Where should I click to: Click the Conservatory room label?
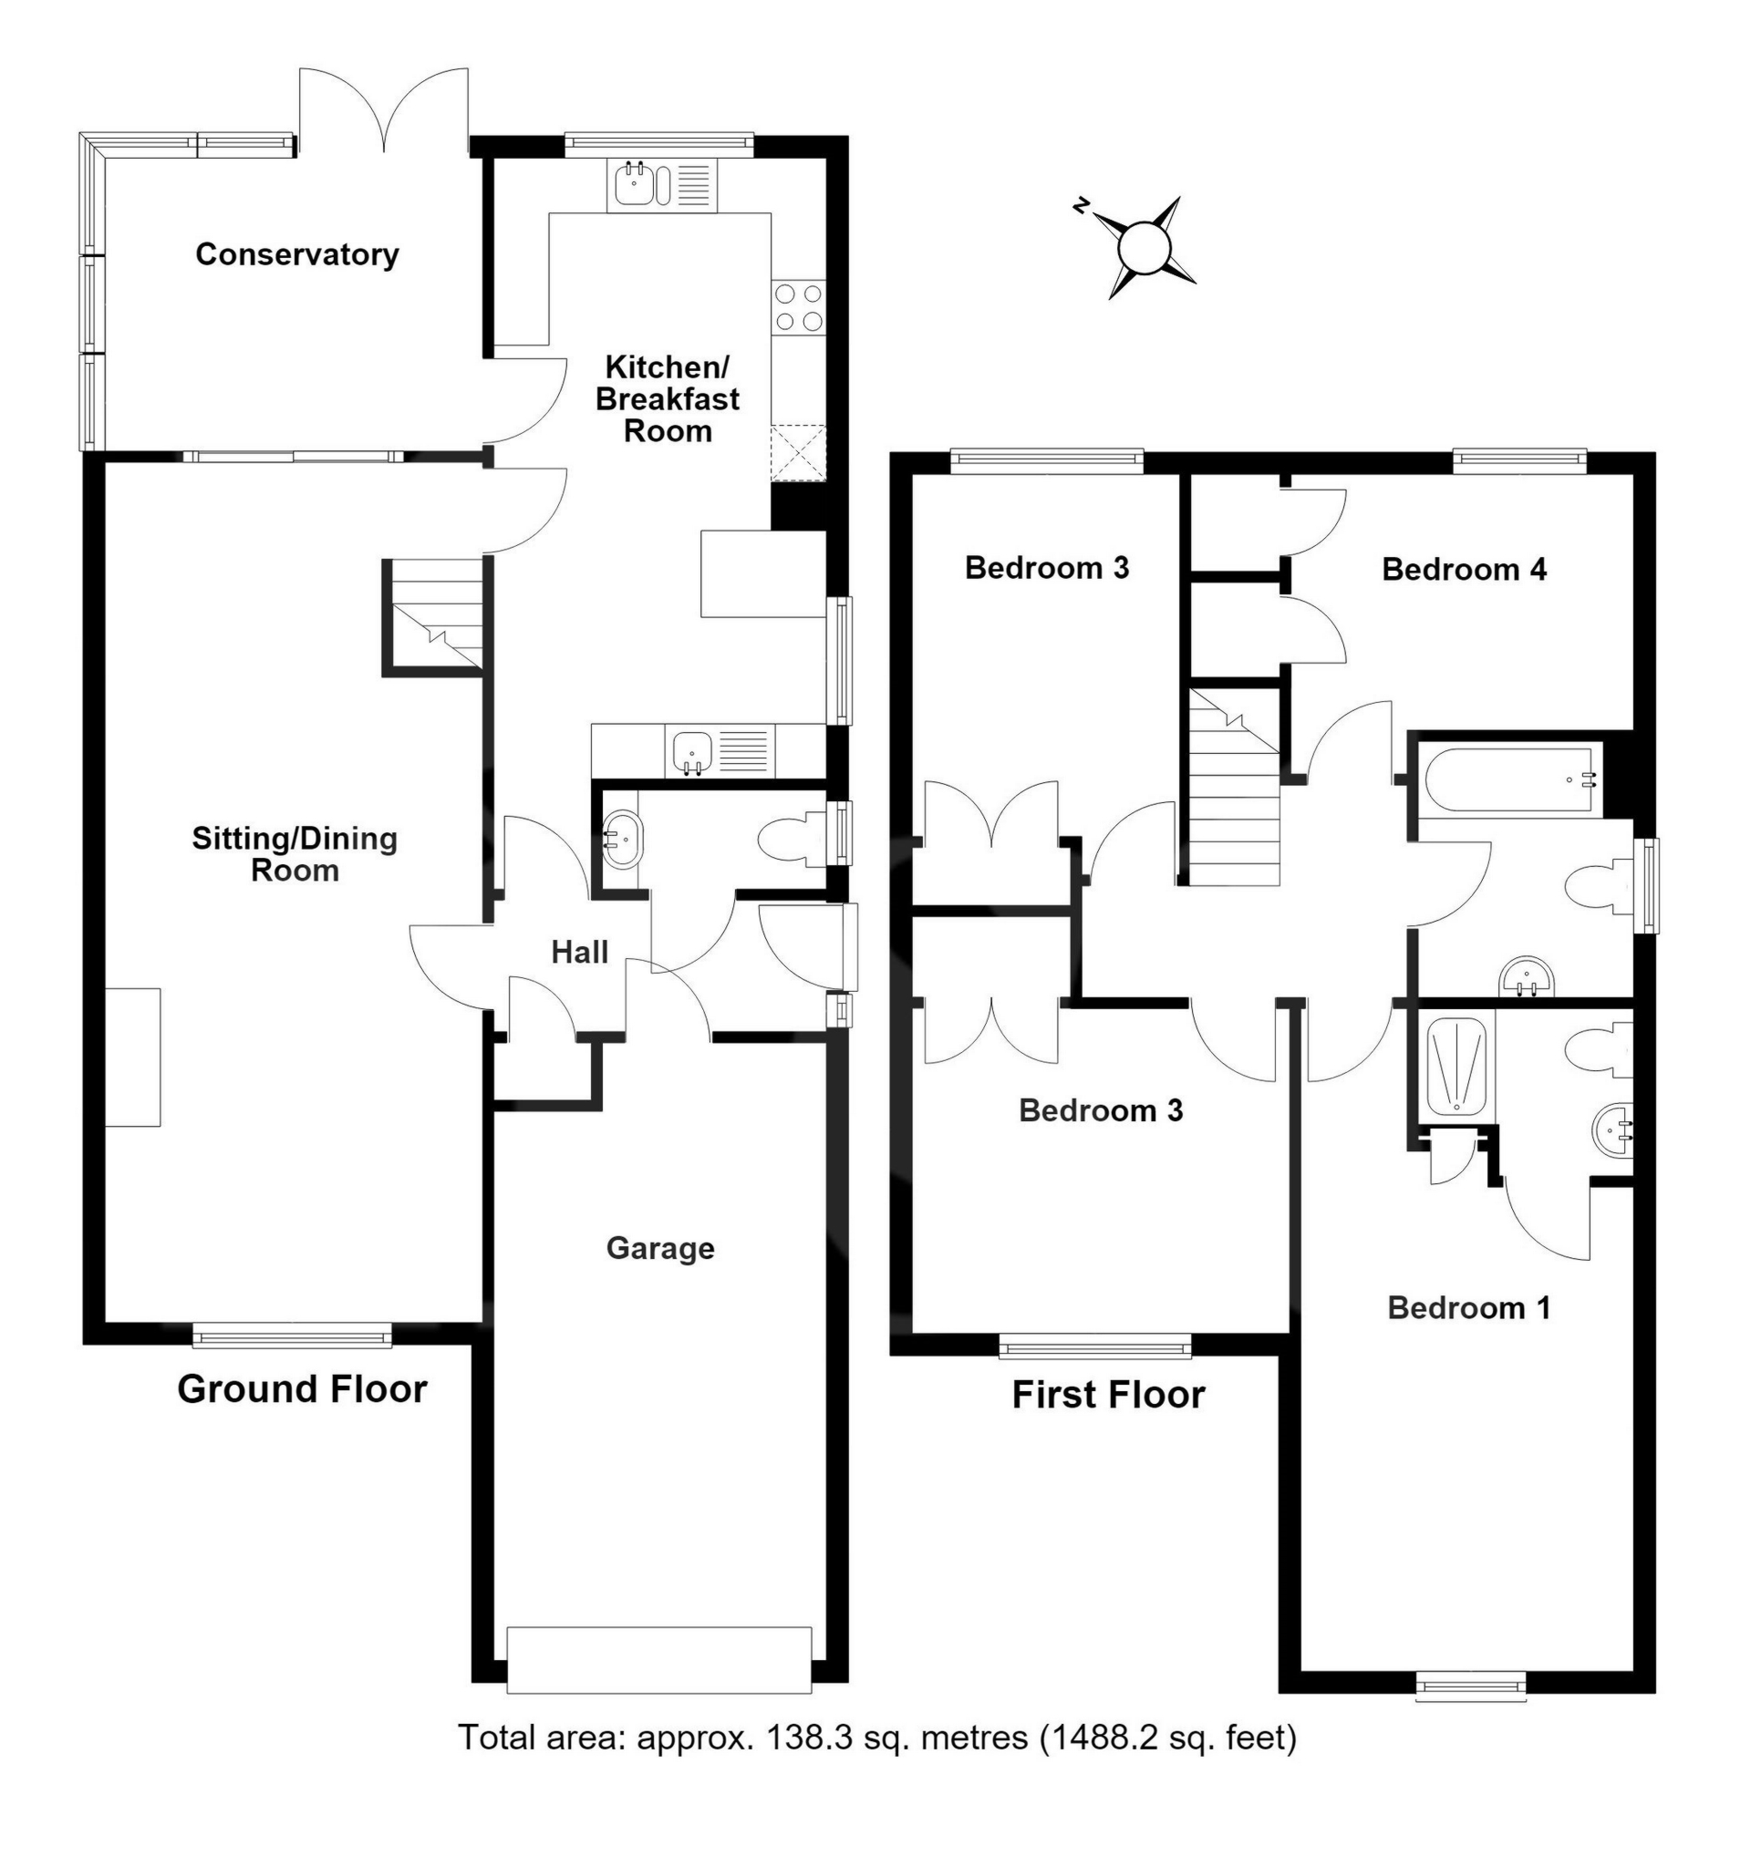[296, 254]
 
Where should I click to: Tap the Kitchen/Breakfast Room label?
[667, 399]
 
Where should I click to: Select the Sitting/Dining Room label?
[295, 853]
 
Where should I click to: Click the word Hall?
[580, 953]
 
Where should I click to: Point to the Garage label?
[660, 1248]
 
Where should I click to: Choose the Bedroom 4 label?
[1464, 569]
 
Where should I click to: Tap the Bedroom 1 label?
[1468, 1307]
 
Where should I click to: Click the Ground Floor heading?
[302, 1389]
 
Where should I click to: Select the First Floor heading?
[1108, 1396]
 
